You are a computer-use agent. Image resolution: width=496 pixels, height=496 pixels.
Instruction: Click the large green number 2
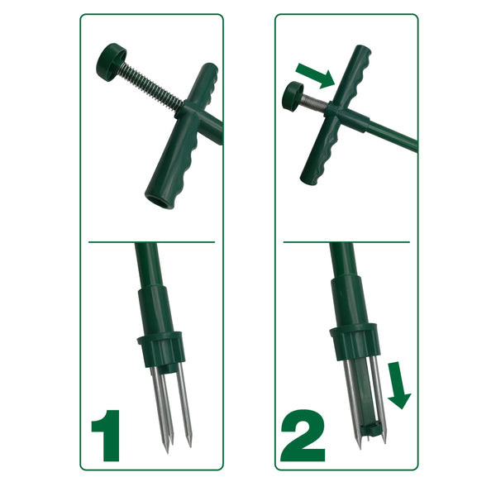303,436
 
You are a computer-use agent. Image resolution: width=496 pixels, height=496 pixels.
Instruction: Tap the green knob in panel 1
111,62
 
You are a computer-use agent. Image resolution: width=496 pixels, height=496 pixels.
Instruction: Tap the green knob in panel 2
293,96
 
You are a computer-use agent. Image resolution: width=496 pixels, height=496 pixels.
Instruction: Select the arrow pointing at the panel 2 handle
315,75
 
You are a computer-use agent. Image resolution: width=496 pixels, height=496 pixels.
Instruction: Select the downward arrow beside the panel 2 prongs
398,385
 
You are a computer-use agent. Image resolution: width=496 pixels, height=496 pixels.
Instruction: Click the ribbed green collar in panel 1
161,349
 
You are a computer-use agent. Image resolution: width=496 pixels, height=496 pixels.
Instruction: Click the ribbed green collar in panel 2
355,342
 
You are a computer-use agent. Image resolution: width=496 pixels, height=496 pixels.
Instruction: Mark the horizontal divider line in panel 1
151,242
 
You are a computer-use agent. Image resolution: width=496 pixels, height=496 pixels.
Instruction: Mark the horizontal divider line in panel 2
346,242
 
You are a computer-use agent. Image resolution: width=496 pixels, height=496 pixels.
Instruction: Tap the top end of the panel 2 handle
363,49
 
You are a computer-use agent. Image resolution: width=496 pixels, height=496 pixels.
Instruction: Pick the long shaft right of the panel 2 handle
392,135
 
